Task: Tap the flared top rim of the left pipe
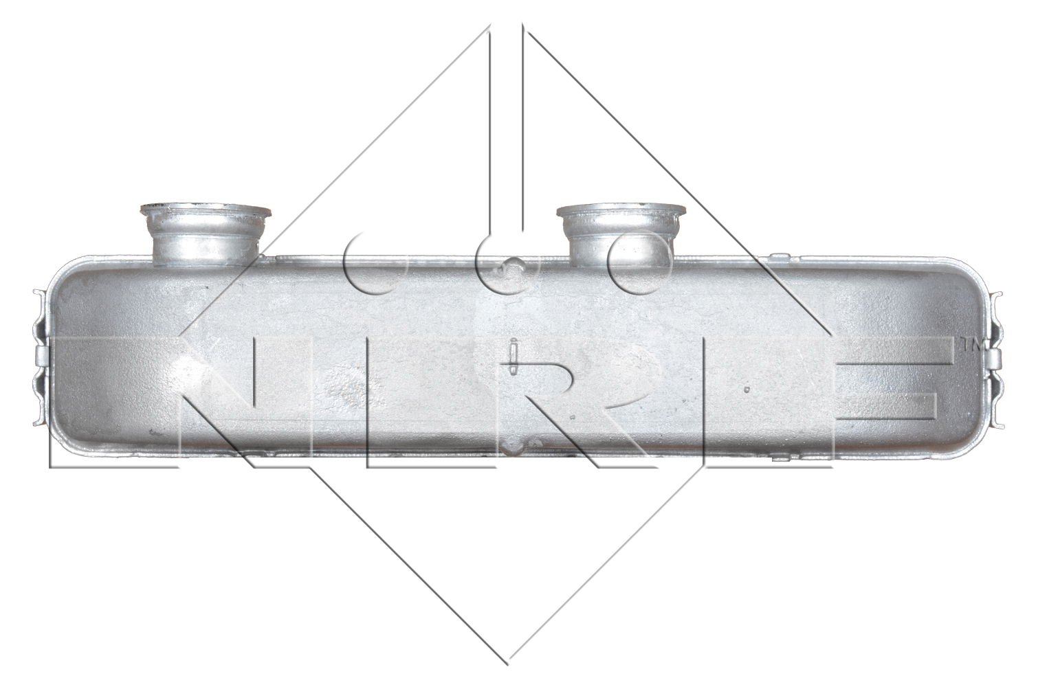206,212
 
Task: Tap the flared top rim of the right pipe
621,212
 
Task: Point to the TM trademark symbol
972,345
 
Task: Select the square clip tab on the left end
41,357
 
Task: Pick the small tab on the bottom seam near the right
782,458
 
